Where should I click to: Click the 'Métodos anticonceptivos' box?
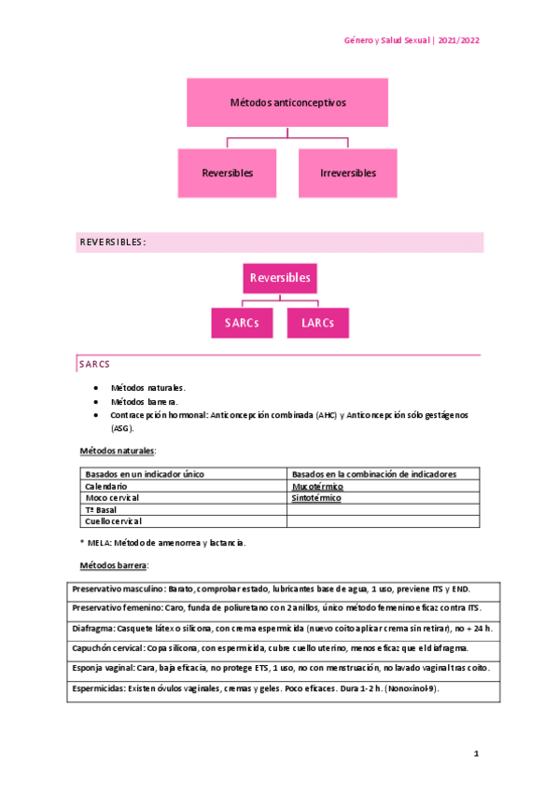click(x=287, y=103)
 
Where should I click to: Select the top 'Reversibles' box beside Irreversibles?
click(x=228, y=173)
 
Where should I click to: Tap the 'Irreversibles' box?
click(x=348, y=173)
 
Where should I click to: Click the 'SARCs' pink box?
click(x=242, y=323)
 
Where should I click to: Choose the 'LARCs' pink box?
click(x=317, y=323)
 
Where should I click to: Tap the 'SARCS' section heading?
click(x=94, y=364)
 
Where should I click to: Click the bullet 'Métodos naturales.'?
click(x=147, y=387)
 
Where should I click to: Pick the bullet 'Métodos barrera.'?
click(x=144, y=400)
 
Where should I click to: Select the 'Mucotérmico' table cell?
click(x=317, y=487)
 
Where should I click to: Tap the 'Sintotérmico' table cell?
click(x=317, y=499)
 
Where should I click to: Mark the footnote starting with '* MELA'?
click(x=163, y=542)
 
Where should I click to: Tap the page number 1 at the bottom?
click(x=475, y=753)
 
